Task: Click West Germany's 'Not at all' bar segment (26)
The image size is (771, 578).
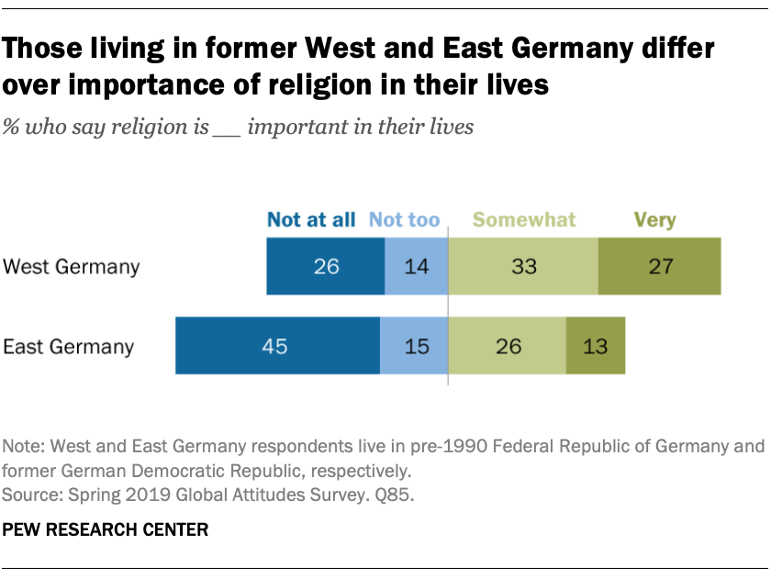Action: coord(325,267)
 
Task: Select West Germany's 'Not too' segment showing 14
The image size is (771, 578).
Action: coord(416,267)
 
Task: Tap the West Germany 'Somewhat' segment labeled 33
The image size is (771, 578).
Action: coord(522,267)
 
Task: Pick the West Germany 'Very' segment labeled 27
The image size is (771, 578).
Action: coord(659,267)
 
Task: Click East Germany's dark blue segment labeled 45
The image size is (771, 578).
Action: coord(277,346)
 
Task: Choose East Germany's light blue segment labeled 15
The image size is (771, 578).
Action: coord(413,346)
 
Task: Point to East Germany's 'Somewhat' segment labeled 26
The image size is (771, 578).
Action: coord(507,346)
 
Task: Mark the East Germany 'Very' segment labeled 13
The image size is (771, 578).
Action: coord(596,346)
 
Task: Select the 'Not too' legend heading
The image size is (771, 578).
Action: coord(404,220)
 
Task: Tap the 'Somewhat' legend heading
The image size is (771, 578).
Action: coord(524,220)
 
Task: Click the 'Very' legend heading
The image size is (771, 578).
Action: coord(654,220)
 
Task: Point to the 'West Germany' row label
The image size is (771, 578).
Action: coord(71,267)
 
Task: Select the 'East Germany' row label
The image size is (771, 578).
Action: coord(69,347)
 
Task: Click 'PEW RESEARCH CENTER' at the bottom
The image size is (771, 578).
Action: coord(106,529)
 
